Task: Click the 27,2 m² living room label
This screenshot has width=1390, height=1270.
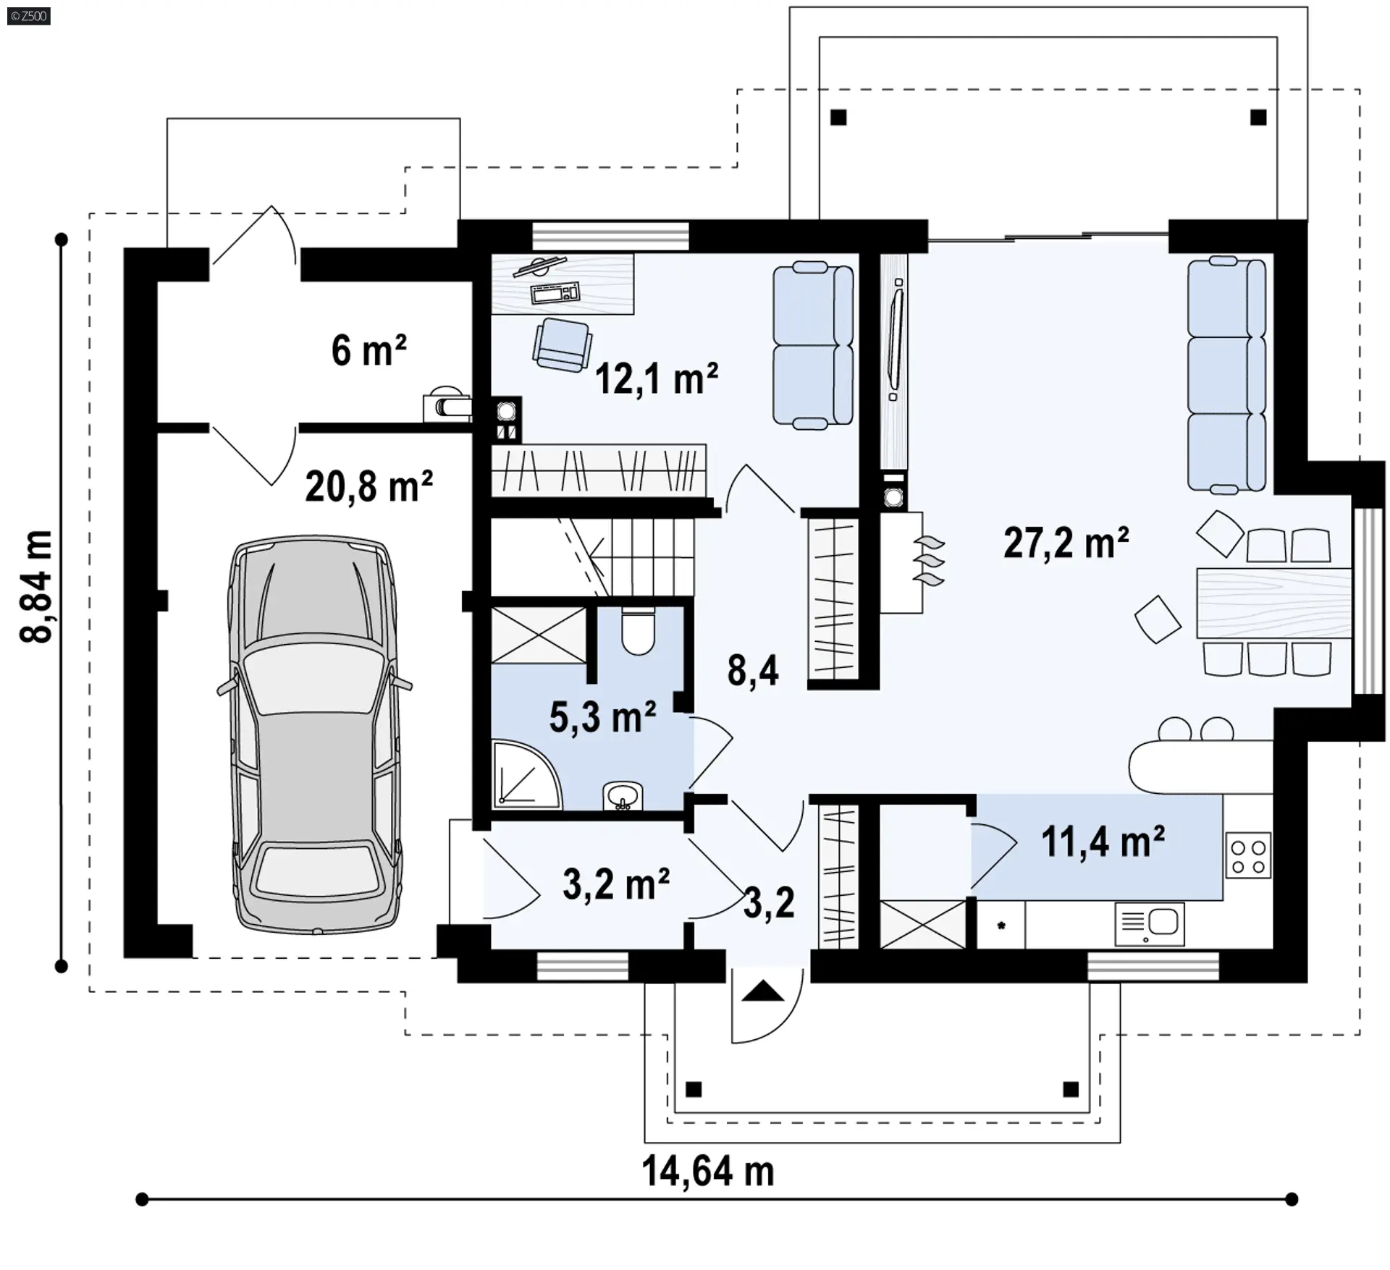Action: (x=1066, y=543)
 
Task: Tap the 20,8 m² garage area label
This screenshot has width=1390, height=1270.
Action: (x=368, y=486)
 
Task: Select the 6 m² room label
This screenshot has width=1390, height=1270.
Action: (x=368, y=350)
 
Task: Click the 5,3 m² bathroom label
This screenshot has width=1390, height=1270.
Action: (x=602, y=716)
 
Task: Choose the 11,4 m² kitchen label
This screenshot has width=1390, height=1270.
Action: (x=1103, y=841)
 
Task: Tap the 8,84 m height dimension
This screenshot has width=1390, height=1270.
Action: (x=36, y=587)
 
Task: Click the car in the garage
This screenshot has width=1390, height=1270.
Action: (x=314, y=735)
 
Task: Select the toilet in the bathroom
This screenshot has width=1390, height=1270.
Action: (x=638, y=630)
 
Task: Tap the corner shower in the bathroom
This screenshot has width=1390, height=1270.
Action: (x=526, y=773)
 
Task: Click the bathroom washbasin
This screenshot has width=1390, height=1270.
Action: (x=622, y=795)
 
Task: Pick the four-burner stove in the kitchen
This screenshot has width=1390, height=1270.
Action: (x=1248, y=855)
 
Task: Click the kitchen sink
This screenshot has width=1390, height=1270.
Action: (x=1150, y=924)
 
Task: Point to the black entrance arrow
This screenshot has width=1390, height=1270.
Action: (x=763, y=991)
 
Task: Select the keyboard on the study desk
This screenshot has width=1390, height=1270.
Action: (x=555, y=292)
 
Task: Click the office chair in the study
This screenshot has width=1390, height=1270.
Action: (x=562, y=345)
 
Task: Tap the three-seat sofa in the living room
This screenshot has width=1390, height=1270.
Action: (x=1226, y=375)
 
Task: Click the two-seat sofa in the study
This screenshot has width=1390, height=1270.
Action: (x=813, y=345)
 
